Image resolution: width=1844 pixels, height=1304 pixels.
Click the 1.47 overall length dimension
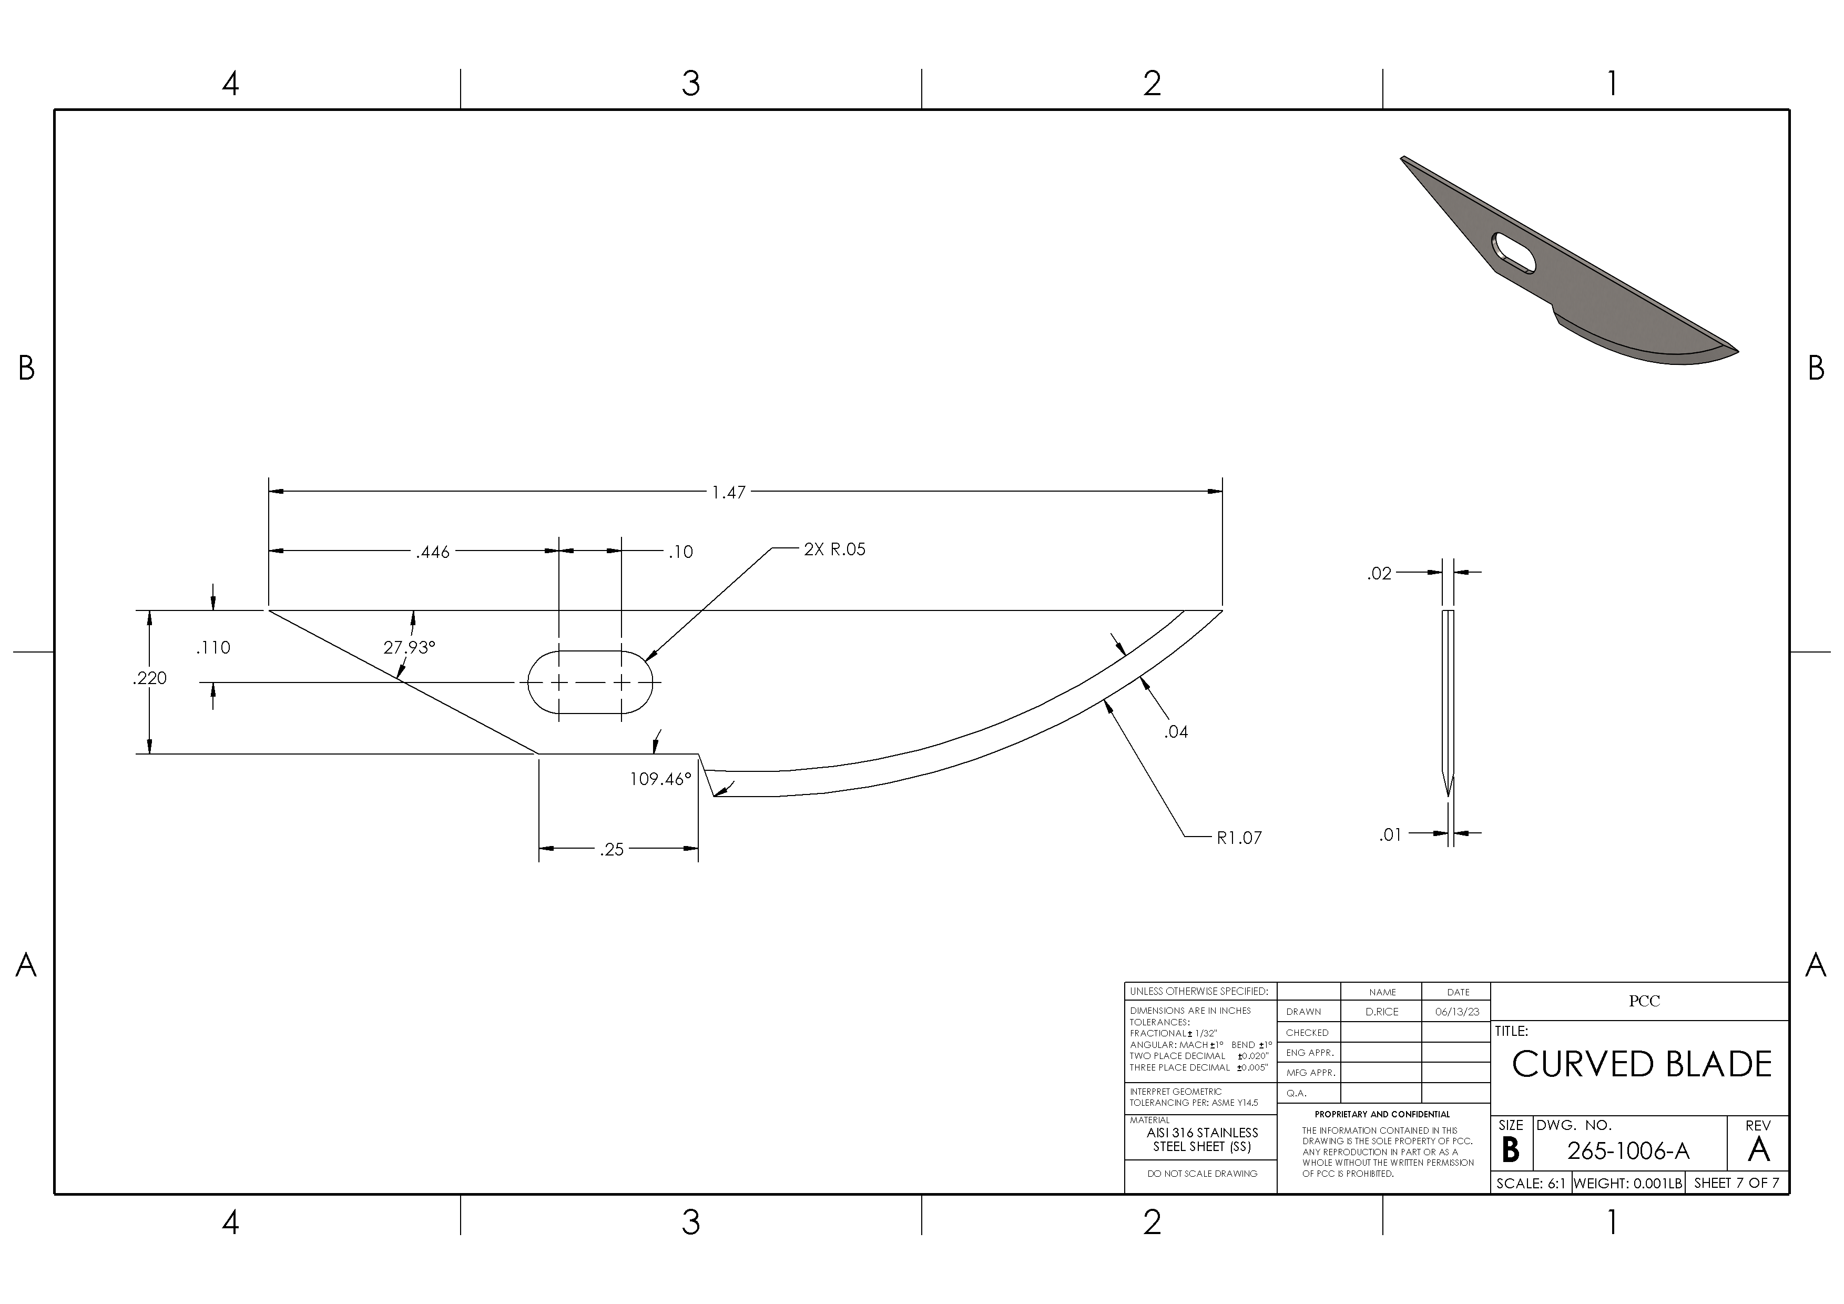pyautogui.click(x=728, y=492)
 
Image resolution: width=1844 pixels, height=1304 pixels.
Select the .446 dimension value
pyautogui.click(x=432, y=553)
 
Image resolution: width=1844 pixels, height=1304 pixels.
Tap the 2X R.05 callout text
pyautogui.click(x=834, y=550)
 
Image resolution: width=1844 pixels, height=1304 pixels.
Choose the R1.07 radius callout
pyautogui.click(x=1239, y=838)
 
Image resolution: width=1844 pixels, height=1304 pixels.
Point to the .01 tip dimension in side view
pyautogui.click(x=1390, y=835)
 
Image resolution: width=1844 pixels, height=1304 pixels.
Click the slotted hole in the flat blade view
pyautogui.click(x=589, y=682)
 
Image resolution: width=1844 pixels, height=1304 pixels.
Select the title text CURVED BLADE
pyautogui.click(x=1642, y=1065)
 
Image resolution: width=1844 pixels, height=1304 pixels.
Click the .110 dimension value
pyautogui.click(x=213, y=648)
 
